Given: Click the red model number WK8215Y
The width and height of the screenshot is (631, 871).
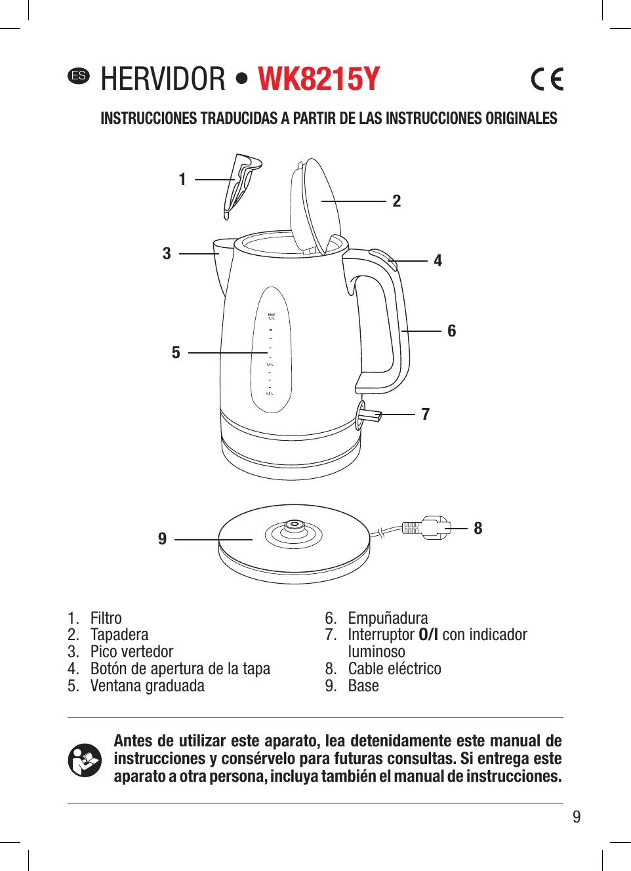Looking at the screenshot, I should click(319, 79).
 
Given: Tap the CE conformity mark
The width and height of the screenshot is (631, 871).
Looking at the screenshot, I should click(547, 79).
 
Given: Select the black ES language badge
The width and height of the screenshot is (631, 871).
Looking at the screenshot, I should click(79, 75).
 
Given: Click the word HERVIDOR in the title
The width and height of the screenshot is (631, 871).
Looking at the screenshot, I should click(163, 79).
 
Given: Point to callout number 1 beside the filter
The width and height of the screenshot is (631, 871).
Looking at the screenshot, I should click(182, 179).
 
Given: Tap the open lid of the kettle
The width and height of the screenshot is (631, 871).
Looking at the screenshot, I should click(315, 203).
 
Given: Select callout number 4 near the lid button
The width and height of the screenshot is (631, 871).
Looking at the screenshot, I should click(438, 261).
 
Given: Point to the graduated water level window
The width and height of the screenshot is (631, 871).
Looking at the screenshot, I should click(271, 351).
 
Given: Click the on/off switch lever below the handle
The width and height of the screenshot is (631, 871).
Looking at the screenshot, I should click(369, 415).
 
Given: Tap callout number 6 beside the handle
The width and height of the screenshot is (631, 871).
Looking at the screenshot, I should click(451, 331).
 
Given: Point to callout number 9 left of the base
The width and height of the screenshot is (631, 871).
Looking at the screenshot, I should click(162, 539).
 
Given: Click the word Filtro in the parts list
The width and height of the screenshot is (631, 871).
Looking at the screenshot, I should click(106, 618).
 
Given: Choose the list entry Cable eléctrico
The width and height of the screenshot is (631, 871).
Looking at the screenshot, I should click(394, 669).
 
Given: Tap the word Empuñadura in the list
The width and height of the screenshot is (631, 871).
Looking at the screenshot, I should click(388, 618).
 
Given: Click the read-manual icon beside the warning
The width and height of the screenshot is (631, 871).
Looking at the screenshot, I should click(85, 760).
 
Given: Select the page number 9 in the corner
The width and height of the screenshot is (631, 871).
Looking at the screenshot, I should click(577, 817).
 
